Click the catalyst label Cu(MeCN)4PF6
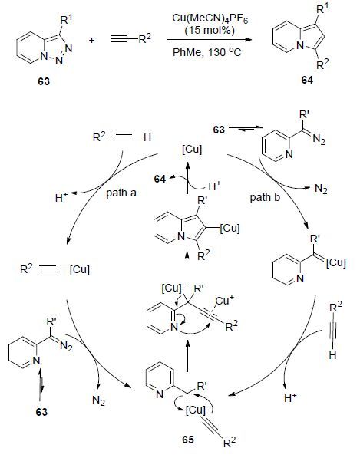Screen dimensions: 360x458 210,19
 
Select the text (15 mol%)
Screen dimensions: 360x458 210,30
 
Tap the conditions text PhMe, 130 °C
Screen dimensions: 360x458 207,52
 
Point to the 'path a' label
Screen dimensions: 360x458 121,193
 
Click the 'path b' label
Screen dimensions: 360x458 265,198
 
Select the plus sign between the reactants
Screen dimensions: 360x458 92,40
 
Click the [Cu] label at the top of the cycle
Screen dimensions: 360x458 192,150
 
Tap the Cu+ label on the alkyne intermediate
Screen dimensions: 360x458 225,301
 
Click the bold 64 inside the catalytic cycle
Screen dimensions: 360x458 160,179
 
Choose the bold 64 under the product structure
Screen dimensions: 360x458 307,80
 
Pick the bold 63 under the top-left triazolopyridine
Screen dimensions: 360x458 44,81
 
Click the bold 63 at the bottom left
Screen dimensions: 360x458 41,412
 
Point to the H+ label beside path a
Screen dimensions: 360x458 61,197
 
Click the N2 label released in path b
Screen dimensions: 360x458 321,189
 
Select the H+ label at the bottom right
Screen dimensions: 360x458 290,397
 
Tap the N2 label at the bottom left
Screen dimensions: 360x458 98,400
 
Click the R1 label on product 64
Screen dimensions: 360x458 322,8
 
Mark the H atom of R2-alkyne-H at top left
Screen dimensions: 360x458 147,137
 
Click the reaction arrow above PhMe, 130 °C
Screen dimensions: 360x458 209,39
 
